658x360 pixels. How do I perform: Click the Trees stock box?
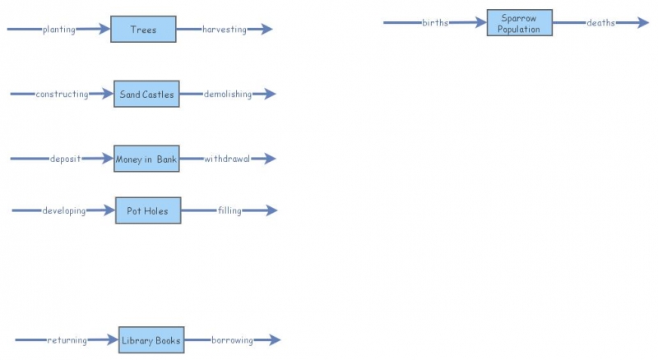click(x=143, y=30)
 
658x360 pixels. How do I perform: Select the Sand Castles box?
click(x=146, y=95)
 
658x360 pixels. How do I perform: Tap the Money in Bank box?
click(x=146, y=159)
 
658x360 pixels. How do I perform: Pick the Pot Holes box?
click(x=147, y=211)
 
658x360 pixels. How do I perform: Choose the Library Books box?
click(x=151, y=340)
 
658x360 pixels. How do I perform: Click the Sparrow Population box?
click(x=519, y=23)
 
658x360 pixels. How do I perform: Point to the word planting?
click(x=59, y=30)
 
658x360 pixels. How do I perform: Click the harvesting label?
click(x=225, y=30)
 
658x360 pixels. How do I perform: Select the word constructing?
click(x=62, y=95)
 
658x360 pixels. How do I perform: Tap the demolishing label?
click(x=228, y=95)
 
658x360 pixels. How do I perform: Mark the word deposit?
click(x=65, y=159)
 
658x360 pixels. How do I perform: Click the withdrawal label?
click(x=227, y=159)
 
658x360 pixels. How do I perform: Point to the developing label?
click(x=64, y=211)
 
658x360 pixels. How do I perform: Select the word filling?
click(x=229, y=211)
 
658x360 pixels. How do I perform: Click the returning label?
click(x=67, y=340)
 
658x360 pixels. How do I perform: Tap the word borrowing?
click(x=232, y=340)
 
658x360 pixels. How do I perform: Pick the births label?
click(x=435, y=23)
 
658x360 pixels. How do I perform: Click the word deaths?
click(x=600, y=23)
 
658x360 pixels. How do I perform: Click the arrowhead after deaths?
click(x=643, y=23)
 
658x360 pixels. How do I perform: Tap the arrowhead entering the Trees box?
click(x=104, y=30)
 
